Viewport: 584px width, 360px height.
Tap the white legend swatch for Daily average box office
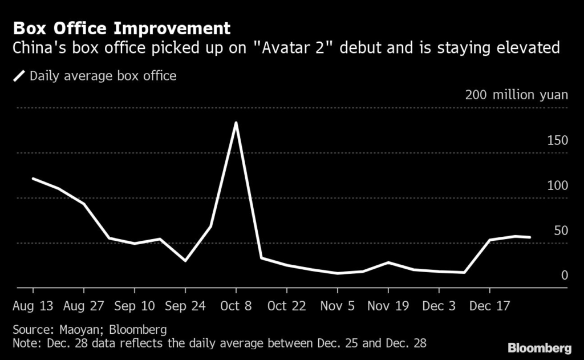[19, 76]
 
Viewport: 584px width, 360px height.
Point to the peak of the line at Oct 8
[236, 123]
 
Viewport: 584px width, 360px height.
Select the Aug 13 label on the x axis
[33, 306]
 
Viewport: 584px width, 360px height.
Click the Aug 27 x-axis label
[83, 306]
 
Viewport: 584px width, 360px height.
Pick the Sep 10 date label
[134, 306]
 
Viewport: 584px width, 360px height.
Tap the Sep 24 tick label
[185, 306]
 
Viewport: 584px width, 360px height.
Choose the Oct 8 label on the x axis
[236, 306]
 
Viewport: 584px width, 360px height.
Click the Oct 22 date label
[286, 306]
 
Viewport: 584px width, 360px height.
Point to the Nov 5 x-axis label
[337, 306]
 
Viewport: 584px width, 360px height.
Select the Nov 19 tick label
[388, 306]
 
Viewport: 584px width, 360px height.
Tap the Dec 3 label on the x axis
[439, 306]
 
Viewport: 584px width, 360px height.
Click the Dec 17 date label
[489, 306]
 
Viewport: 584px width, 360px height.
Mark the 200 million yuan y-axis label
[516, 95]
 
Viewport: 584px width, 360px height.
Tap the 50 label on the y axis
[561, 230]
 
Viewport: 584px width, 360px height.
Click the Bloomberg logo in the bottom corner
[540, 347]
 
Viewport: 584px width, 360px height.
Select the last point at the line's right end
[530, 237]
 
